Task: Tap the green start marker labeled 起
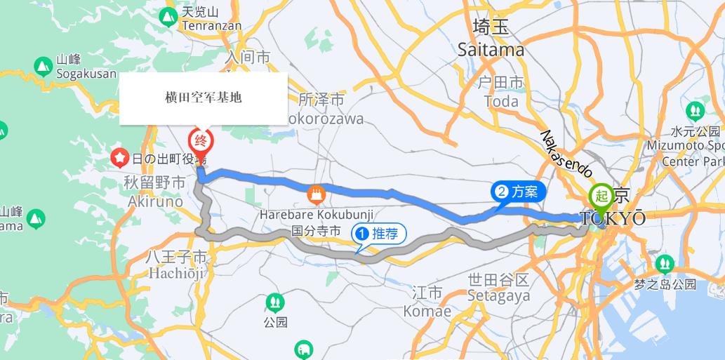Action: (x=601, y=196)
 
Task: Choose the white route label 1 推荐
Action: (x=380, y=234)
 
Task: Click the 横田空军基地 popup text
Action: (x=203, y=98)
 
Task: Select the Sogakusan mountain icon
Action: (x=43, y=66)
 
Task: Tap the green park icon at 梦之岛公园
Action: (x=664, y=264)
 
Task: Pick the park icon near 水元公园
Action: (x=695, y=110)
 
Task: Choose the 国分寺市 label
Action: (x=316, y=230)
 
